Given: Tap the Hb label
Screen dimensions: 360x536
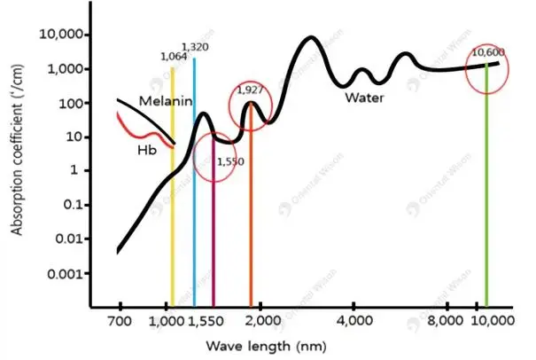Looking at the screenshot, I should click(147, 150).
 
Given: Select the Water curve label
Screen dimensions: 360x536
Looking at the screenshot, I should click(365, 98).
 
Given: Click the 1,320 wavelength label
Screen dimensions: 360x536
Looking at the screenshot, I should click(195, 46).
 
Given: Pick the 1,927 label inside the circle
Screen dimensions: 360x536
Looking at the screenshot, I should click(251, 90).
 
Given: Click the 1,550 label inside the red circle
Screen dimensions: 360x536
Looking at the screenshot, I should click(229, 163).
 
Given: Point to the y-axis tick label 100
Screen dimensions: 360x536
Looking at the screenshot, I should click(74, 103).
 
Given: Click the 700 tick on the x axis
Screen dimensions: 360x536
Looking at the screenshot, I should click(119, 320).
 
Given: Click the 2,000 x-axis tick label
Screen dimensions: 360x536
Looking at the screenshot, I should click(265, 320).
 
